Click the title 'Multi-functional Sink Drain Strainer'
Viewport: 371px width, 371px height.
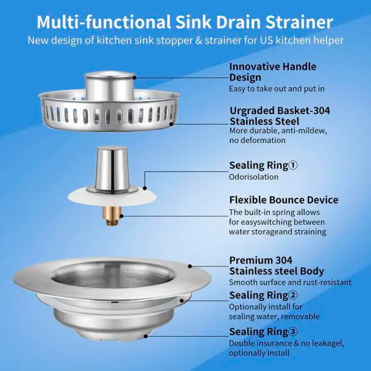pyautogui.click(x=185, y=22)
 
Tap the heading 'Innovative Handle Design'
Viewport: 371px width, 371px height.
pyautogui.click(x=273, y=72)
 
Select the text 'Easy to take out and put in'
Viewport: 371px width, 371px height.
pyautogui.click(x=277, y=89)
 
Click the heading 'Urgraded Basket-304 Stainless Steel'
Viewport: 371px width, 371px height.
pyautogui.click(x=279, y=116)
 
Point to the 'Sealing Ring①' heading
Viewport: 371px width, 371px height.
pyautogui.click(x=263, y=165)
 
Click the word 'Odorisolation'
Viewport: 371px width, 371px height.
pyautogui.click(x=254, y=177)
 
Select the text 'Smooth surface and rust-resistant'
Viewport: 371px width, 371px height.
pyautogui.click(x=289, y=282)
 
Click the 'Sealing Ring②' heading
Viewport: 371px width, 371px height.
pyautogui.click(x=263, y=295)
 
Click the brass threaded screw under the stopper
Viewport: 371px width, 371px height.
pyautogui.click(x=111, y=215)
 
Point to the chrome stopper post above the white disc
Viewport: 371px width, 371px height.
pyautogui.click(x=111, y=169)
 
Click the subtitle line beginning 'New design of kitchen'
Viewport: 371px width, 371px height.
pyautogui.click(x=185, y=40)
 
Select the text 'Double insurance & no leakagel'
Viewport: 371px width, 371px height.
pyautogui.click(x=287, y=343)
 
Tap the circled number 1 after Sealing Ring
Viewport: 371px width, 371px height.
pyautogui.click(x=293, y=165)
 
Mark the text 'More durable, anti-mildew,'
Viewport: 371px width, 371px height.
pyautogui.click(x=278, y=131)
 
